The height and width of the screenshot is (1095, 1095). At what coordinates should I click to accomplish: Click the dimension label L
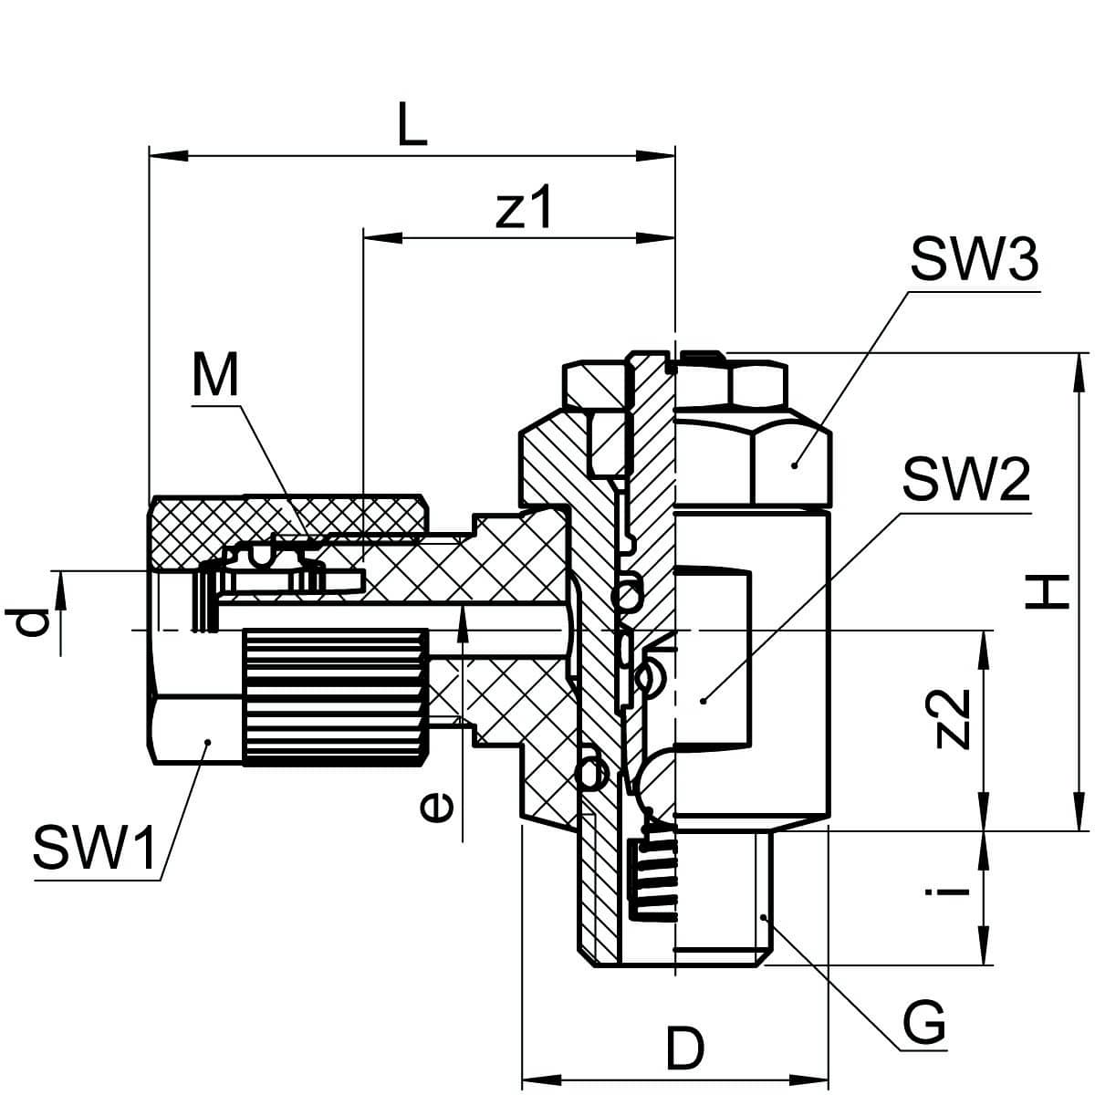pyautogui.click(x=412, y=127)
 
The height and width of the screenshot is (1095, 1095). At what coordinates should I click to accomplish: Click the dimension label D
pyautogui.click(x=684, y=1049)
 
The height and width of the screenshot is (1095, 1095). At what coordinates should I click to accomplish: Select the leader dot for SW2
pyautogui.click(x=704, y=701)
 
